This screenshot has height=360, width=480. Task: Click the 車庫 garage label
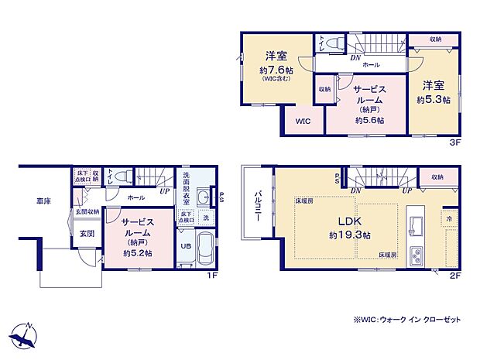tap(44, 201)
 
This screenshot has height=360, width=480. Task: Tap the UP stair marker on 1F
tap(164, 190)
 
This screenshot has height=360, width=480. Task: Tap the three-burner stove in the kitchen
tap(415, 255)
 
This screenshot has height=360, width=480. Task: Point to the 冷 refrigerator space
tap(448, 218)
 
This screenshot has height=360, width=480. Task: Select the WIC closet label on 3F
tap(302, 121)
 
